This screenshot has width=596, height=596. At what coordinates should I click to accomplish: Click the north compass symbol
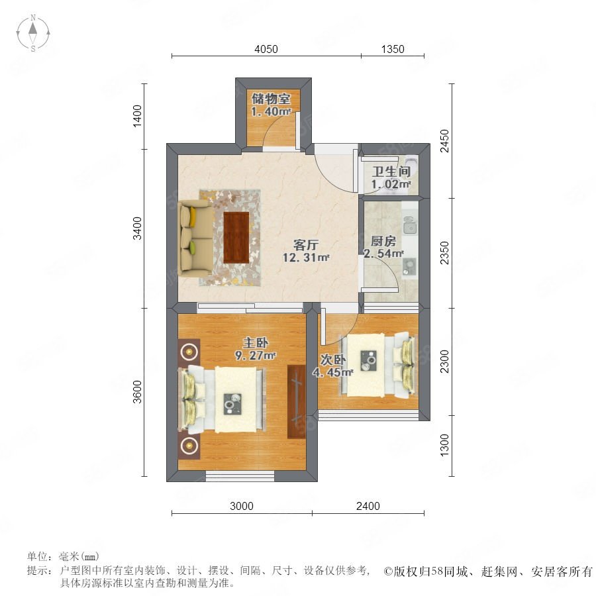click(x=33, y=33)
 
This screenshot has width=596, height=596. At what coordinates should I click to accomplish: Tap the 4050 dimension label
click(x=266, y=49)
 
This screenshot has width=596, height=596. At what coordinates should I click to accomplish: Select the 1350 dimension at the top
click(x=393, y=49)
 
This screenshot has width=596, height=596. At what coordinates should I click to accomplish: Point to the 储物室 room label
click(x=271, y=99)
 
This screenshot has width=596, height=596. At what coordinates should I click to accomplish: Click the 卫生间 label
click(x=391, y=172)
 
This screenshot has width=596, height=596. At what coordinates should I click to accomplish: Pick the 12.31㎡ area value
click(x=306, y=258)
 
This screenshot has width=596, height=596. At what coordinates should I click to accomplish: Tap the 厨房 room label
click(x=383, y=241)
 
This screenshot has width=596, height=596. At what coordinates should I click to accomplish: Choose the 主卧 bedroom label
click(x=256, y=342)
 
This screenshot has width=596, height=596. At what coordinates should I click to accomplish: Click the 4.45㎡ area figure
click(x=333, y=372)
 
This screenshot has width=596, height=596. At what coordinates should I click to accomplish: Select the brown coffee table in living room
click(x=236, y=238)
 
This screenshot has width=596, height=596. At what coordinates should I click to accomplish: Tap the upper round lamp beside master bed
click(x=189, y=352)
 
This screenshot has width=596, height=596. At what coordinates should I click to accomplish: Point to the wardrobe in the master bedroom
click(x=297, y=401)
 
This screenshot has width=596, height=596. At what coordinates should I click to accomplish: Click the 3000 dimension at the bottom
click(x=242, y=506)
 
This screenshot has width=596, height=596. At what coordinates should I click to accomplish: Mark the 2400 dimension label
click(x=368, y=506)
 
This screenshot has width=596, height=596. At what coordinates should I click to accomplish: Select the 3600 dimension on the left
click(x=137, y=392)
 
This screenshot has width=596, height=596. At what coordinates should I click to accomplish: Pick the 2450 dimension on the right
click(x=444, y=141)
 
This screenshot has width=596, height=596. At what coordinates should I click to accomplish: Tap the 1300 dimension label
click(x=444, y=445)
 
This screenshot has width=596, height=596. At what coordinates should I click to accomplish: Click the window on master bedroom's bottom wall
click(x=240, y=476)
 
